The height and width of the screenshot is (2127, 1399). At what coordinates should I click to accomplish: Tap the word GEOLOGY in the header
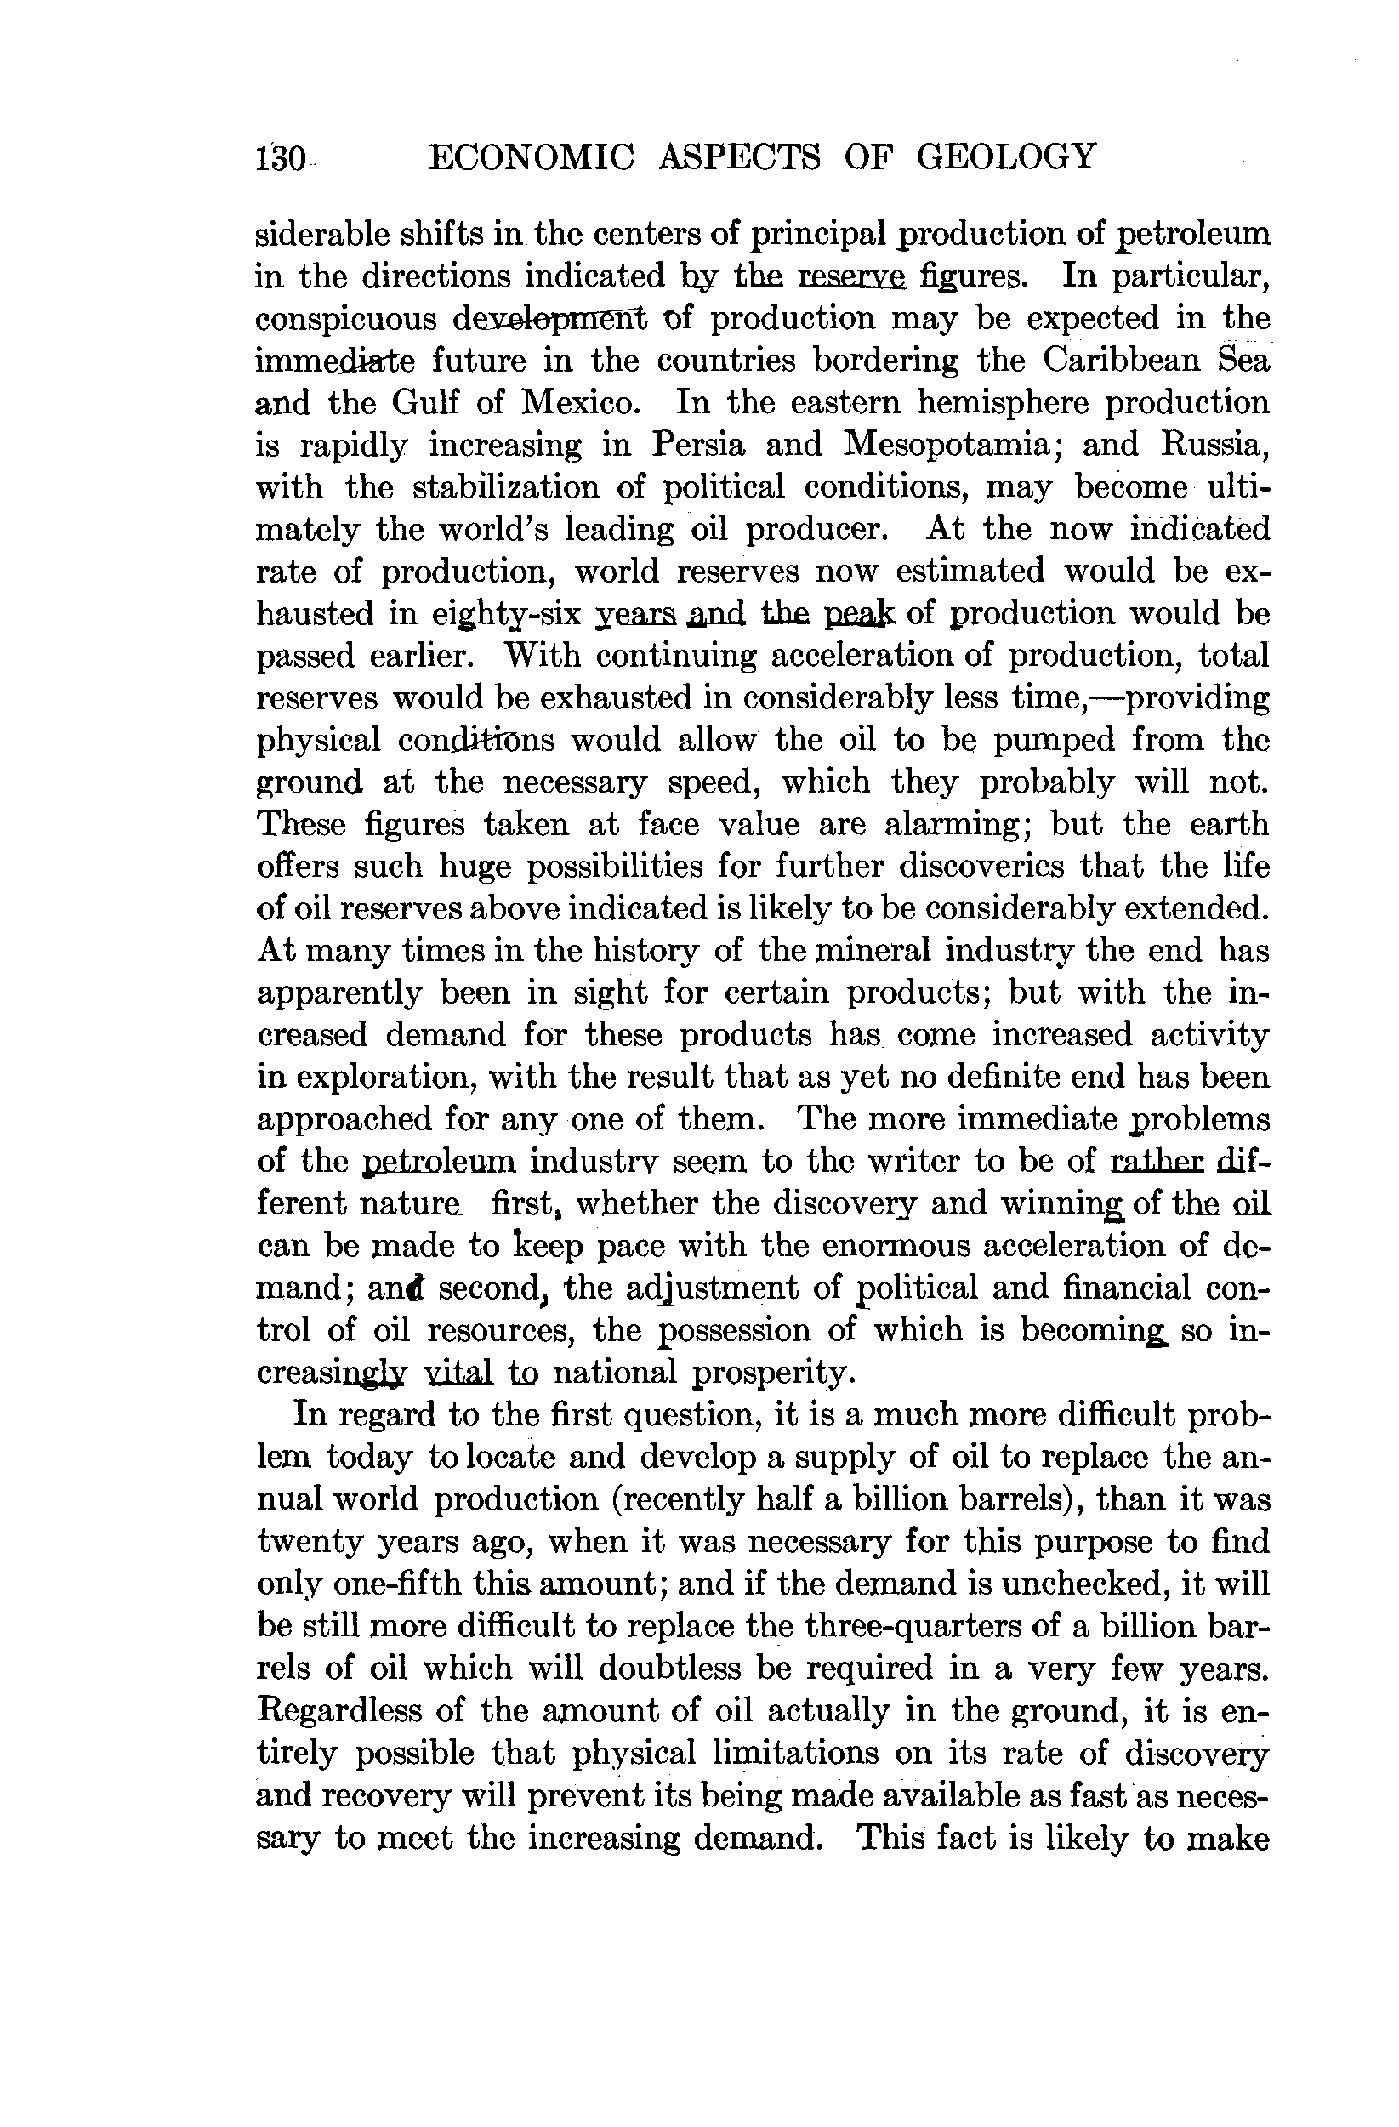[1006, 157]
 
